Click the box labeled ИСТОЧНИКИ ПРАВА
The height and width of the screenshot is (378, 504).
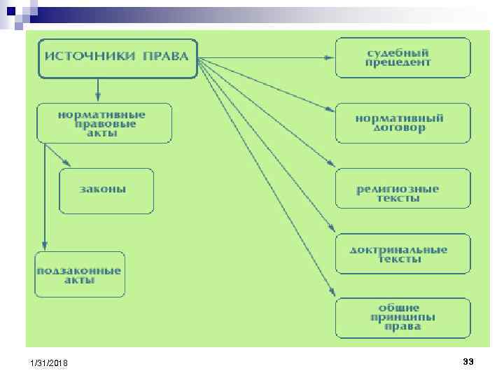(x=117, y=57)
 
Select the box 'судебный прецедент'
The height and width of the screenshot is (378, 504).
(x=403, y=57)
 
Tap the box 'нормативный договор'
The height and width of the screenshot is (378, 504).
(x=403, y=123)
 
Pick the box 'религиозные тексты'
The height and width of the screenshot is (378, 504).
(x=403, y=189)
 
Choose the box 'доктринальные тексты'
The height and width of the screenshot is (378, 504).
(x=403, y=254)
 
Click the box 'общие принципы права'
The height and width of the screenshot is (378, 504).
(x=403, y=318)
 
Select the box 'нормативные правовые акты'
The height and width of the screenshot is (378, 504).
(x=104, y=124)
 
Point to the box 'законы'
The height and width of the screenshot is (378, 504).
(x=106, y=190)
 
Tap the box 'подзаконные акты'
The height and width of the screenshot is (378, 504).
(x=80, y=275)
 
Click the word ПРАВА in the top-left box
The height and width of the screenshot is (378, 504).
(x=166, y=57)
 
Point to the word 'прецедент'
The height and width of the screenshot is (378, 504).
(x=398, y=63)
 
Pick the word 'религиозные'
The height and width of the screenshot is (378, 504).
(x=398, y=189)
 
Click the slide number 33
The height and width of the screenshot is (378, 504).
(x=468, y=361)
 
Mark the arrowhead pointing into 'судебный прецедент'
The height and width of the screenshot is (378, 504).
(x=330, y=57)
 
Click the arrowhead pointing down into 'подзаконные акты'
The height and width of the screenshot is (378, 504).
(x=44, y=246)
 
